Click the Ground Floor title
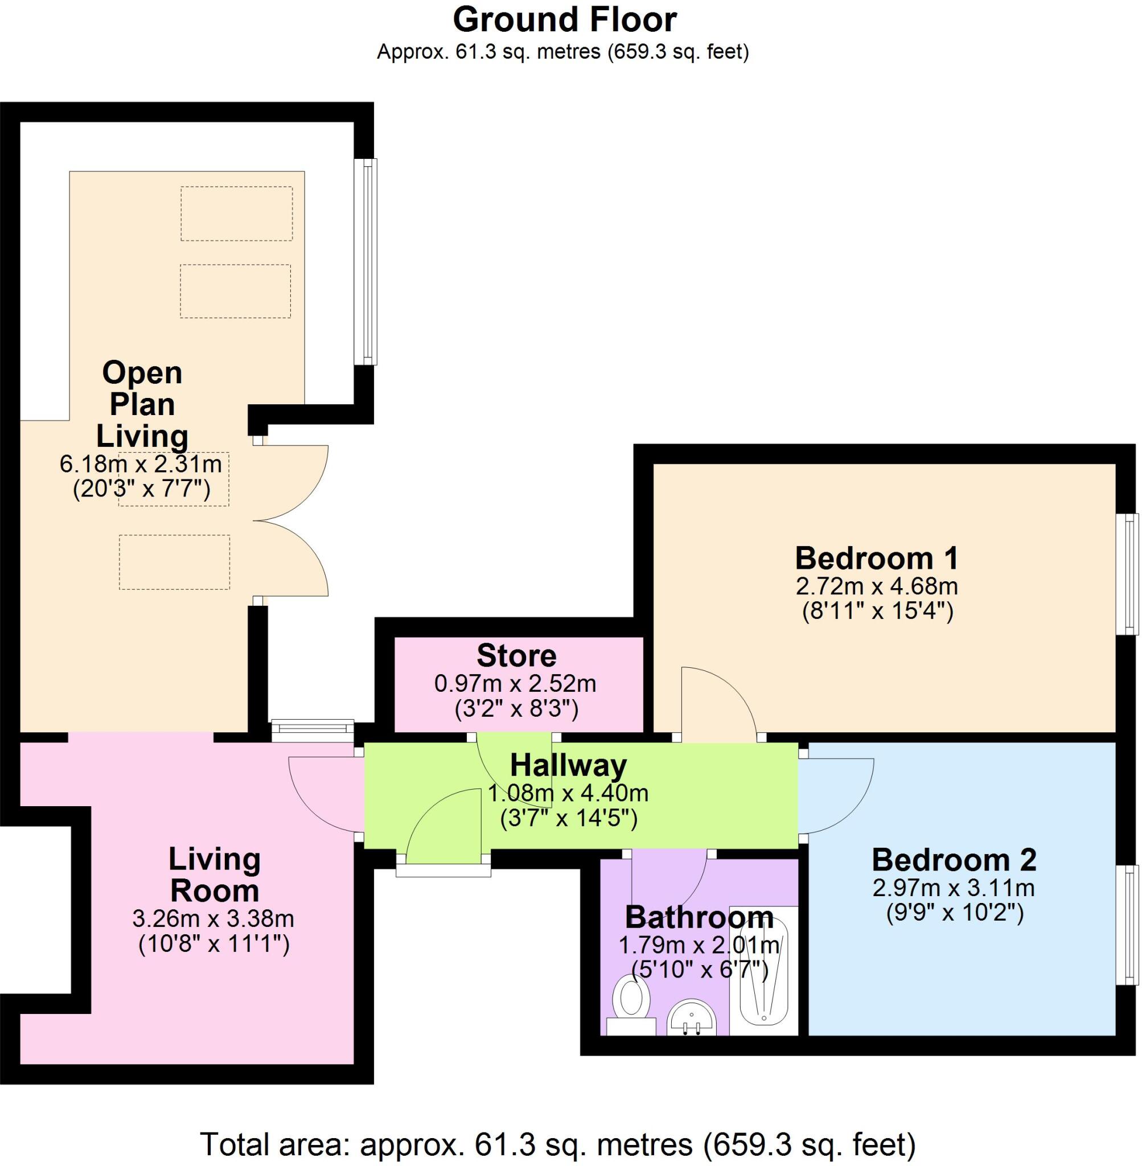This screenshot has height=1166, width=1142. point(564,20)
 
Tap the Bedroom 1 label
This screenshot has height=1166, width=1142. point(876,559)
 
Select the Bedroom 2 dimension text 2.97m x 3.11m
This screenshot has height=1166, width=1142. point(953,887)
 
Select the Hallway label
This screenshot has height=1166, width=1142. point(568,765)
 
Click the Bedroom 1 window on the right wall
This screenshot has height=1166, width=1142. point(1131,573)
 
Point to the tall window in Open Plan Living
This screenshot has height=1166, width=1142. point(365,261)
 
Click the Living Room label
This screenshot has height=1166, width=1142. point(214,874)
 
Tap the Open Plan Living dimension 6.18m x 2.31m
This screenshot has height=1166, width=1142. point(141,463)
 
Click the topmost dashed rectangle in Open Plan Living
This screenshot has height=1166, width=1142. point(236,214)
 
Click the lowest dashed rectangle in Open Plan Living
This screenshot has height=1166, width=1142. point(174,563)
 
